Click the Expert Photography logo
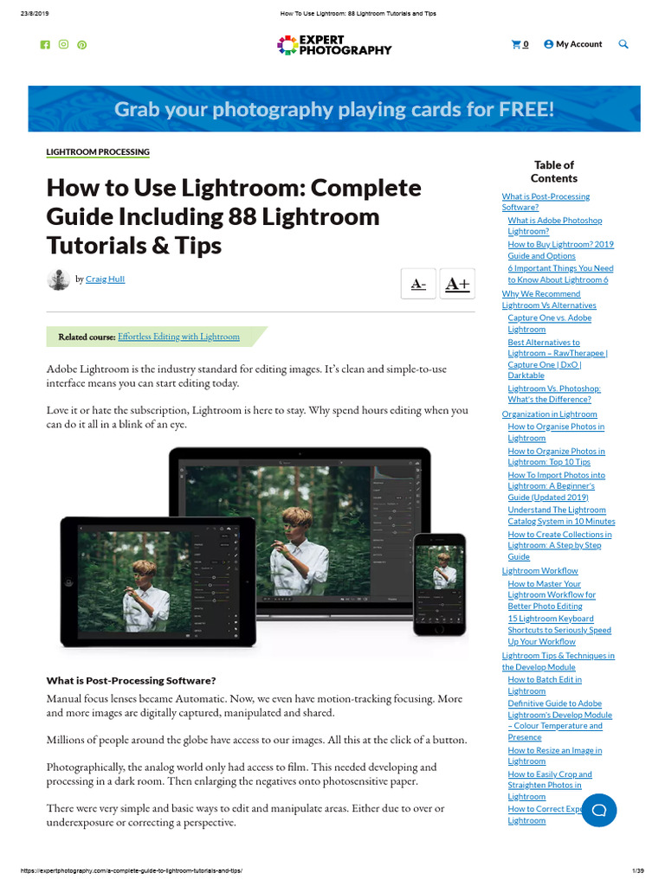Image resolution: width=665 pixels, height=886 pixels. point(334,45)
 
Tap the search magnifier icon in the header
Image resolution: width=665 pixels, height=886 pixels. point(623,44)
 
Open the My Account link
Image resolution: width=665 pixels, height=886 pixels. point(573,44)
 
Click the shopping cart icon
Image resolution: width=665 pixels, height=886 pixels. point(517,44)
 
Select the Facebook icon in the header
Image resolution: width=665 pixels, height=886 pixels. point(45,44)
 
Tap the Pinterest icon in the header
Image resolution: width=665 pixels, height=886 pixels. point(82,44)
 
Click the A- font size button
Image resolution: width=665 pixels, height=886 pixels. point(418,284)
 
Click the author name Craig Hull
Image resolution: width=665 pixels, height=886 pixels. point(105,279)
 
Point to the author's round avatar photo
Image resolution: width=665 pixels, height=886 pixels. point(58,279)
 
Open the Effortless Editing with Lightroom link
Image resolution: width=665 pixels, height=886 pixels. point(178,337)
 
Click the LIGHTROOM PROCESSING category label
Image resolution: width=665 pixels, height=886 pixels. point(98,152)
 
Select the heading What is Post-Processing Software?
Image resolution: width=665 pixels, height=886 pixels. point(131,680)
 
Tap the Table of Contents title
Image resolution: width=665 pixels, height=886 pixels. point(554,171)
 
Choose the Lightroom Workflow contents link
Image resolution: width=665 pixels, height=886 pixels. point(540,571)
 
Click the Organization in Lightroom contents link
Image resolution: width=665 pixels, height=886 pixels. point(550,414)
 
